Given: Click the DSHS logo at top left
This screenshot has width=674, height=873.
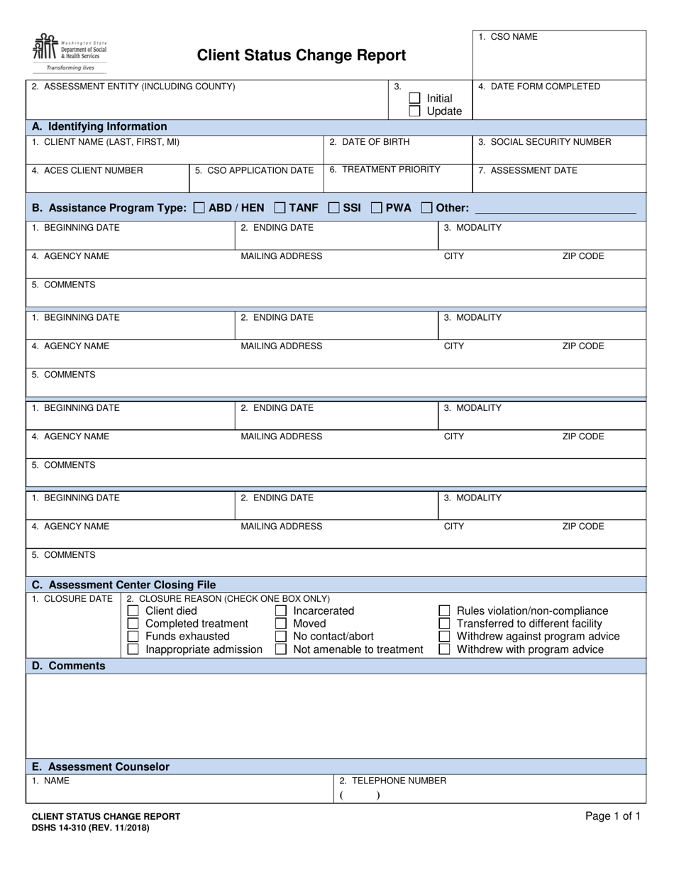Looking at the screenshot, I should coord(69,51).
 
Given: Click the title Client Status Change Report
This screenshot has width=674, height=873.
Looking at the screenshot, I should coord(301,55).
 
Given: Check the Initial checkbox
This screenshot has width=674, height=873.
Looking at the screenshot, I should coord(414,99).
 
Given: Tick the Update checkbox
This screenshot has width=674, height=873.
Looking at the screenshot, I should coord(414,111).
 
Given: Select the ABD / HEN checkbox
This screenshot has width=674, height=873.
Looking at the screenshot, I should coord(199,208).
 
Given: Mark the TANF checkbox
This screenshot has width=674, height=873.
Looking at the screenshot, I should coord(280,208).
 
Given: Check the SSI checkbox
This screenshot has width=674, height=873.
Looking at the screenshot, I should coord(333,208).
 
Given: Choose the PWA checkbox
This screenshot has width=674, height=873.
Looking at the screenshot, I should coord(376,208).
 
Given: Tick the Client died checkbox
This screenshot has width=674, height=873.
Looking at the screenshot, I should coord(133,611).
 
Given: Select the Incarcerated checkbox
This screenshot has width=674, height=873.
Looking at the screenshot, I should coord(281,611).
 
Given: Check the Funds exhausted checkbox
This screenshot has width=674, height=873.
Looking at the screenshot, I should coord(133,637).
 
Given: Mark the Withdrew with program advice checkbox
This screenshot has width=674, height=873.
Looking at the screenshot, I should coord(444,649).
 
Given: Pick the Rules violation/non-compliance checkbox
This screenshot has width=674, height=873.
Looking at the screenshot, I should coord(444,611).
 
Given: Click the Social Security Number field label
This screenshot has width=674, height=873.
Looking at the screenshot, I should coord(544,142).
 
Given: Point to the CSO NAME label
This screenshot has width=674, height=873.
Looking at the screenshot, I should coord(508,37).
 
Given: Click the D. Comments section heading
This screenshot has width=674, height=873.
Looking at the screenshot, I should coord(69,666).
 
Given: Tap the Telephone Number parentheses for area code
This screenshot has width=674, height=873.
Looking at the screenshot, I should coord(359,796).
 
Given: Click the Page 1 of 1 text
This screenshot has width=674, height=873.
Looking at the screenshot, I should coord(612,816).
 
